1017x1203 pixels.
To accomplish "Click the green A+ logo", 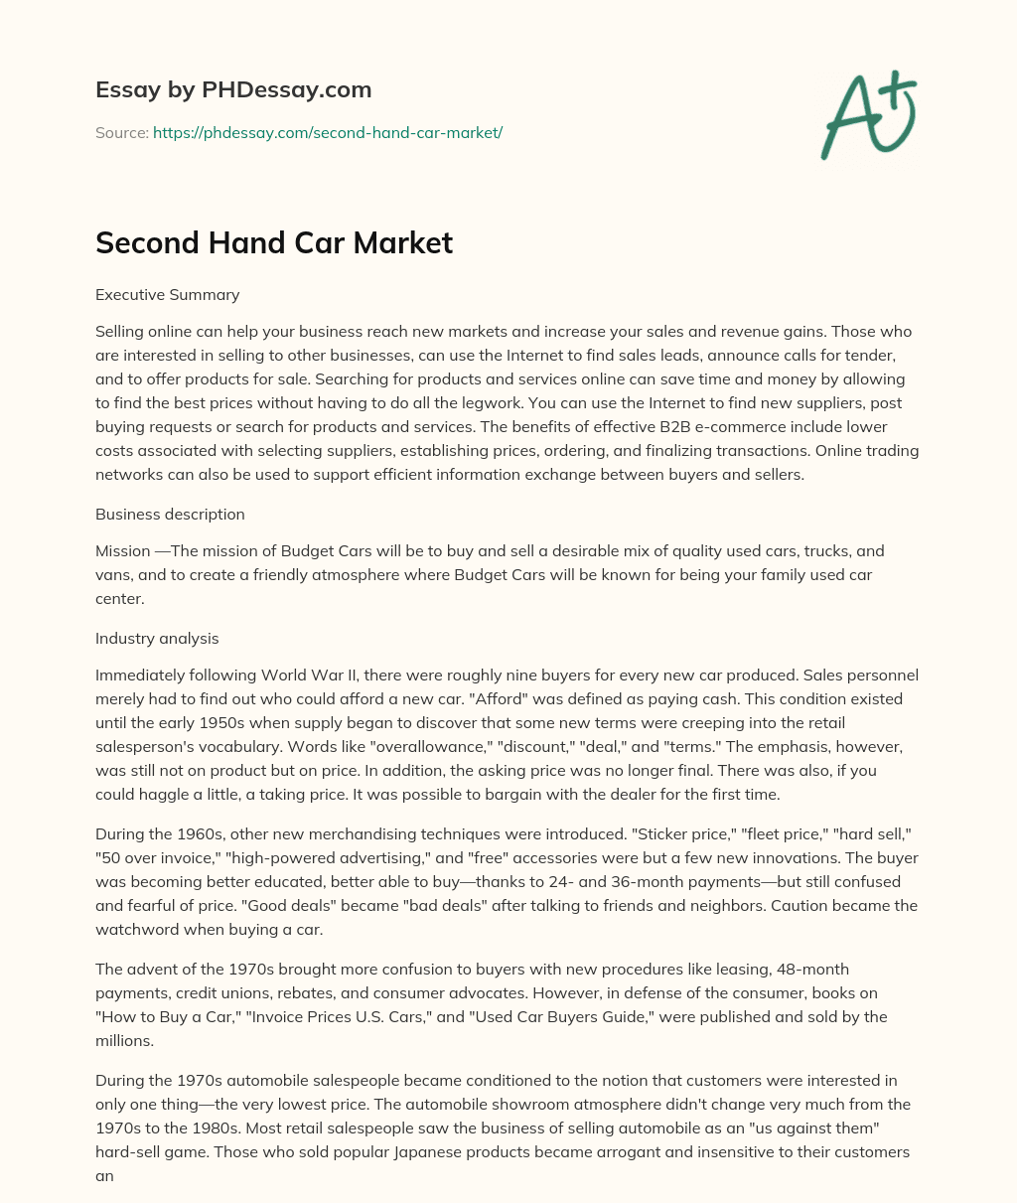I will pos(867,115).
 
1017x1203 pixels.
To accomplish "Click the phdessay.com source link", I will pos(328,132).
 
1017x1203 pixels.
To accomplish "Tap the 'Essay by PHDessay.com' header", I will pos(233,89).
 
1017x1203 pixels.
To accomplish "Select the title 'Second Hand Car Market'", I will pos(274,242).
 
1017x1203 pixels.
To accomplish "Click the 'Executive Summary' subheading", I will pos(167,294).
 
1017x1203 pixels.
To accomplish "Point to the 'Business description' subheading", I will pos(170,514).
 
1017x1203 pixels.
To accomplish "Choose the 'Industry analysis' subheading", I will pos(157,638).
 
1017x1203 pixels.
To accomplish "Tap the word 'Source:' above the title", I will pos(122,132).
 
